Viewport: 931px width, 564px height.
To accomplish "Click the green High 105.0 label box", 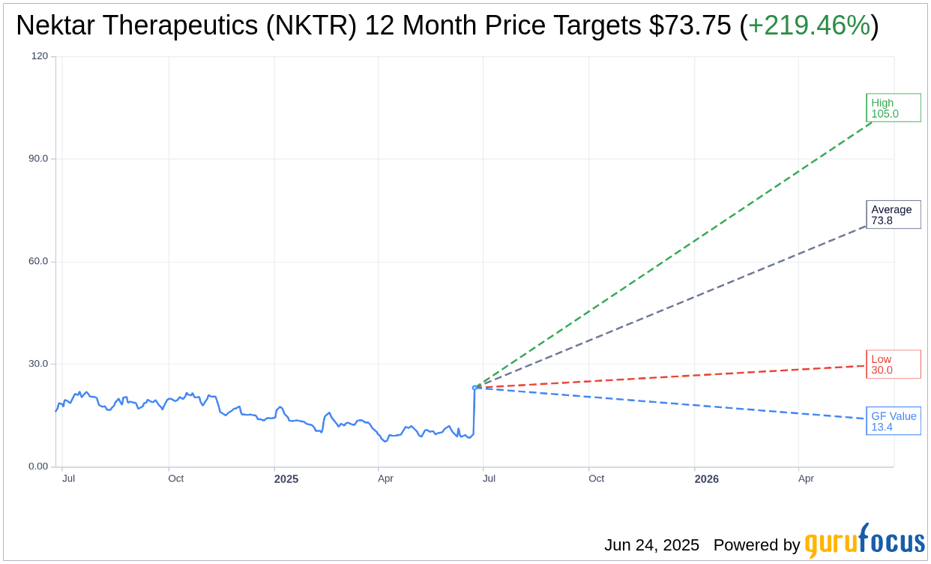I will pos(893,108).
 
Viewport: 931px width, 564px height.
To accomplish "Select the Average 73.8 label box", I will pos(893,214).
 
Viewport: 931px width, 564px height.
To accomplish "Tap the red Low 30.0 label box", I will pos(893,364).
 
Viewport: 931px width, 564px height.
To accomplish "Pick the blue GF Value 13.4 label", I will pos(893,421).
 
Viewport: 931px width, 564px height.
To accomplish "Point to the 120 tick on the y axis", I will pos(40,56).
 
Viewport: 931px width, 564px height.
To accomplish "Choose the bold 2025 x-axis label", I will pos(286,478).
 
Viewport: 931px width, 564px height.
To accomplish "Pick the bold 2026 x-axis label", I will pos(706,478).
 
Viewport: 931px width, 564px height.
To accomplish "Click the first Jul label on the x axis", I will pos(68,478).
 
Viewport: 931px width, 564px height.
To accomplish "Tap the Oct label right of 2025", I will pos(596,478).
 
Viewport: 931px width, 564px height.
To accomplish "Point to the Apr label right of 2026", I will pos(806,478).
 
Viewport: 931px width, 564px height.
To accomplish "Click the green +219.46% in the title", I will pos(809,25).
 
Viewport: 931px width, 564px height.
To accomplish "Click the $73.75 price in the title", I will pos(689,25).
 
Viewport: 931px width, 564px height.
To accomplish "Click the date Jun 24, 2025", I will pos(651,545).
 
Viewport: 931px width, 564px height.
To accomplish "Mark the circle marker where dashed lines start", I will pos(474,388).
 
